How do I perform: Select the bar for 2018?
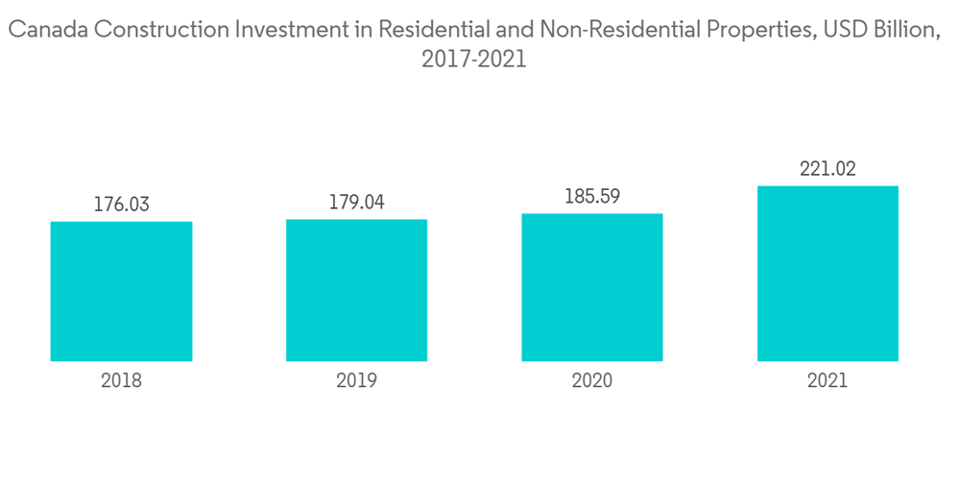[121, 291]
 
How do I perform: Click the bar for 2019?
[356, 290]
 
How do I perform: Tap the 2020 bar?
[591, 287]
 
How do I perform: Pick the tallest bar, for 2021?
[828, 274]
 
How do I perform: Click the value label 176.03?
[121, 205]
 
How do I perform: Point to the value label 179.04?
[356, 203]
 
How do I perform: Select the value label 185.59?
[591, 197]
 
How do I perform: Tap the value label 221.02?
[828, 169]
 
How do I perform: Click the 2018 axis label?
[121, 380]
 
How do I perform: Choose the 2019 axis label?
[356, 380]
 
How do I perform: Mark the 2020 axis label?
[591, 380]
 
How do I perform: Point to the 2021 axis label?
[828, 380]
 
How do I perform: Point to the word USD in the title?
[834, 30]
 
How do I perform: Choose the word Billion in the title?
[903, 30]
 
